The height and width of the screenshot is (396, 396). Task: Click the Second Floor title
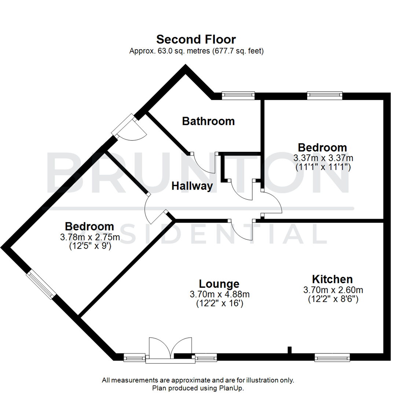(196, 39)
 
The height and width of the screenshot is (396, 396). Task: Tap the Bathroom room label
(208, 121)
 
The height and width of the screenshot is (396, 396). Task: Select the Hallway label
(192, 186)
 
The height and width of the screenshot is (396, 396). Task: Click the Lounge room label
(219, 284)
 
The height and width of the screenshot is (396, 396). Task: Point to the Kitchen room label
(332, 279)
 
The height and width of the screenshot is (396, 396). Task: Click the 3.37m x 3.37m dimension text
(323, 158)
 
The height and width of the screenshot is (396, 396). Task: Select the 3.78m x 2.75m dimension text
(90, 237)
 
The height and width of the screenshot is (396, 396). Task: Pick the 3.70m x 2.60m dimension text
(333, 290)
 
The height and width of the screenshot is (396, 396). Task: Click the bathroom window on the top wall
(238, 95)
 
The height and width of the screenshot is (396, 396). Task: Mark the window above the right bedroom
(324, 95)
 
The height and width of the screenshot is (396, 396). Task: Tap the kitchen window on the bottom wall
(332, 356)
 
